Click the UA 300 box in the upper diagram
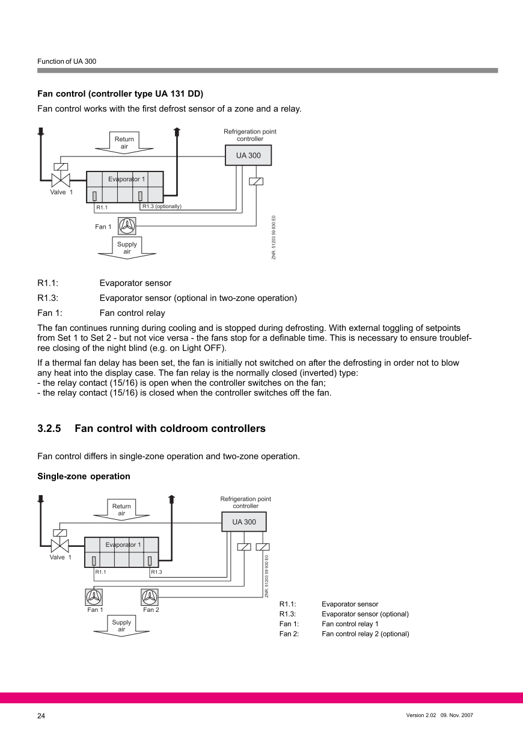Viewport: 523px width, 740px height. click(x=248, y=155)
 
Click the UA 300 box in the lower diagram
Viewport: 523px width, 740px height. click(x=244, y=522)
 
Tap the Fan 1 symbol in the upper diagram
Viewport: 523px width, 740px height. click(x=127, y=226)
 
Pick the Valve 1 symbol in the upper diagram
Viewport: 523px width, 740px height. click(x=60, y=179)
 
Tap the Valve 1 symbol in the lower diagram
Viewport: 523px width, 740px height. click(x=60, y=545)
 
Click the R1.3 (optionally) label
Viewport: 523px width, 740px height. click(x=162, y=206)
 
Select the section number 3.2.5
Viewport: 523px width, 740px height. click(x=49, y=429)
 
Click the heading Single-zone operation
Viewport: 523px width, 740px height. click(x=84, y=476)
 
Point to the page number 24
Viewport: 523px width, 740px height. click(x=41, y=716)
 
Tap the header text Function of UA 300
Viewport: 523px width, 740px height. click(x=67, y=61)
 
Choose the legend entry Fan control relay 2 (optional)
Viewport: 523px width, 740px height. click(x=365, y=634)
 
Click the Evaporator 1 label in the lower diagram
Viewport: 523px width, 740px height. click(x=123, y=545)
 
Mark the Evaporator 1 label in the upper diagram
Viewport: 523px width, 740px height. click(x=126, y=179)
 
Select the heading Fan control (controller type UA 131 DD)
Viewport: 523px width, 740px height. click(x=120, y=94)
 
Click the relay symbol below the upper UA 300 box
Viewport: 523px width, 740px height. click(x=255, y=181)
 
